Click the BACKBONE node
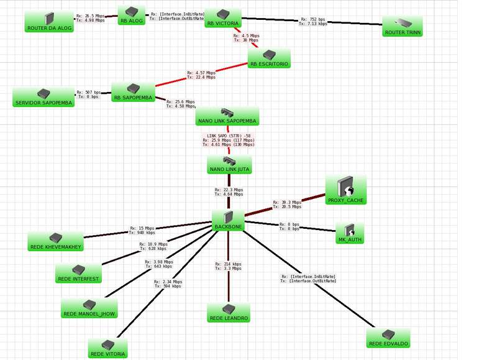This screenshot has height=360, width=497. tap(227, 220)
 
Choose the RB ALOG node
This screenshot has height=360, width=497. tap(130, 16)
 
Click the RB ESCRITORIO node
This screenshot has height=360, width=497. tap(269, 58)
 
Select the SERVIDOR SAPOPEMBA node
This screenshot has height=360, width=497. tap(43, 97)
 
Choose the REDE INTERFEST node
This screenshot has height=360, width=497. tap(77, 273)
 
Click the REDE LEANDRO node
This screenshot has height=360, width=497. tap(228, 313)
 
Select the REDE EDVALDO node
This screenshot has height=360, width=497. tap(388, 338)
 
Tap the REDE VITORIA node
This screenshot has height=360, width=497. tap(108, 349)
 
